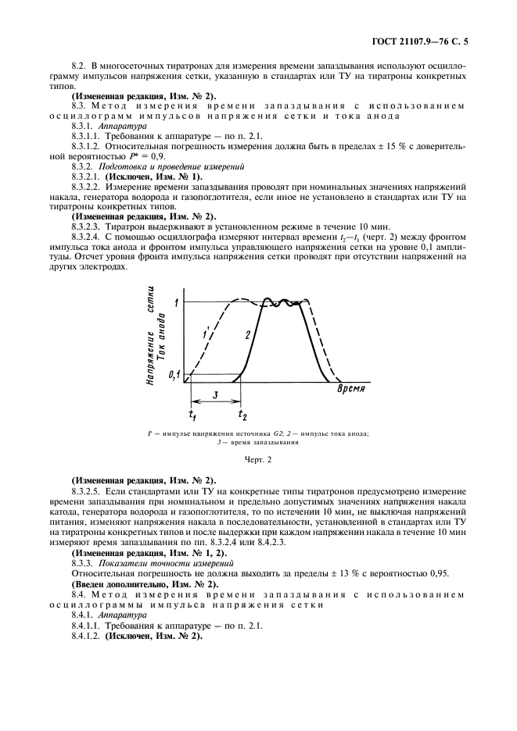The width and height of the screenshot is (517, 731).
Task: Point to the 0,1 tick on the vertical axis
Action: point(174,376)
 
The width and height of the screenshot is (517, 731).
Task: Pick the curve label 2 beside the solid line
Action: point(247,334)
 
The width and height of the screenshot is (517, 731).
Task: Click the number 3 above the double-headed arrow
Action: point(215,395)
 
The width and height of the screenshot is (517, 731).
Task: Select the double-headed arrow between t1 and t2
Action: point(215,404)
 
